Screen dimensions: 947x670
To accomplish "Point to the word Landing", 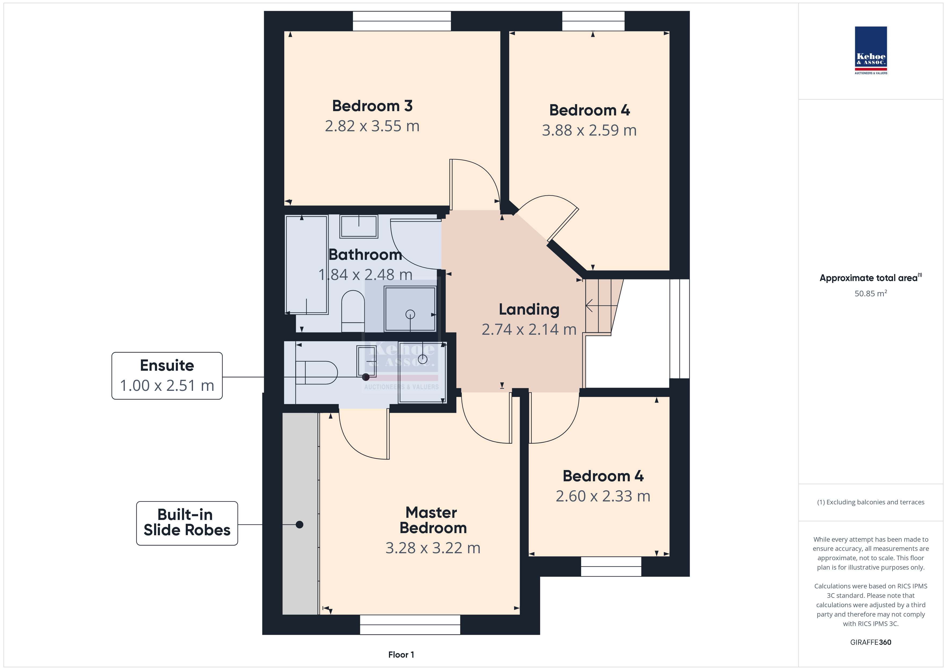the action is [x=529, y=309].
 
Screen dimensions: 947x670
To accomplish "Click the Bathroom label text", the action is [x=365, y=254].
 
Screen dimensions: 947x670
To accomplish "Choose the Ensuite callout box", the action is [x=167, y=376].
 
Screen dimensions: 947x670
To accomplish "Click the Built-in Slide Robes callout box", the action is [x=187, y=523].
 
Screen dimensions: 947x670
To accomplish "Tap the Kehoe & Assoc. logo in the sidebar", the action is [x=871, y=50].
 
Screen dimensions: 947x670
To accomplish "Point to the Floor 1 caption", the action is [x=401, y=654].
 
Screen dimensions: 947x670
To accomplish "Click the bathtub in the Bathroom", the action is [x=307, y=264].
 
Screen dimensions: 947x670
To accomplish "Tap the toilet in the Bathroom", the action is [x=353, y=311].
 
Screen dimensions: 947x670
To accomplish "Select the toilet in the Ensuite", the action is [x=316, y=373].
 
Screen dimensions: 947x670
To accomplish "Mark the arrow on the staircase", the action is [x=601, y=306].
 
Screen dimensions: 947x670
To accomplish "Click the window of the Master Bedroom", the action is [x=410, y=625].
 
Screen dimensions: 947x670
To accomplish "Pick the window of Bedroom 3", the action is [x=402, y=21].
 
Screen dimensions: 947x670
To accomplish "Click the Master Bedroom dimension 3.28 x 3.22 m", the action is [x=433, y=548].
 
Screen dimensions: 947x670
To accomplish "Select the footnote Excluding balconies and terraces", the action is [x=871, y=502].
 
